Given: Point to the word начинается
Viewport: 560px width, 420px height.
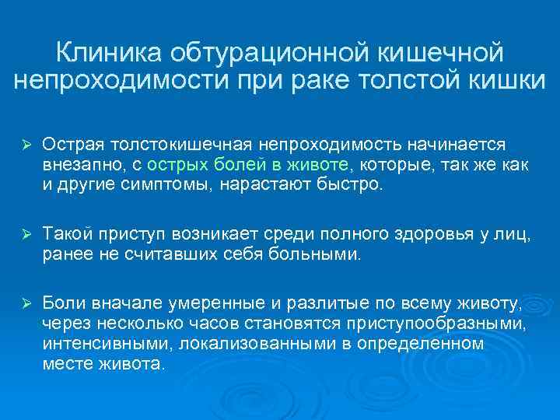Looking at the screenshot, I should [x=459, y=144].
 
